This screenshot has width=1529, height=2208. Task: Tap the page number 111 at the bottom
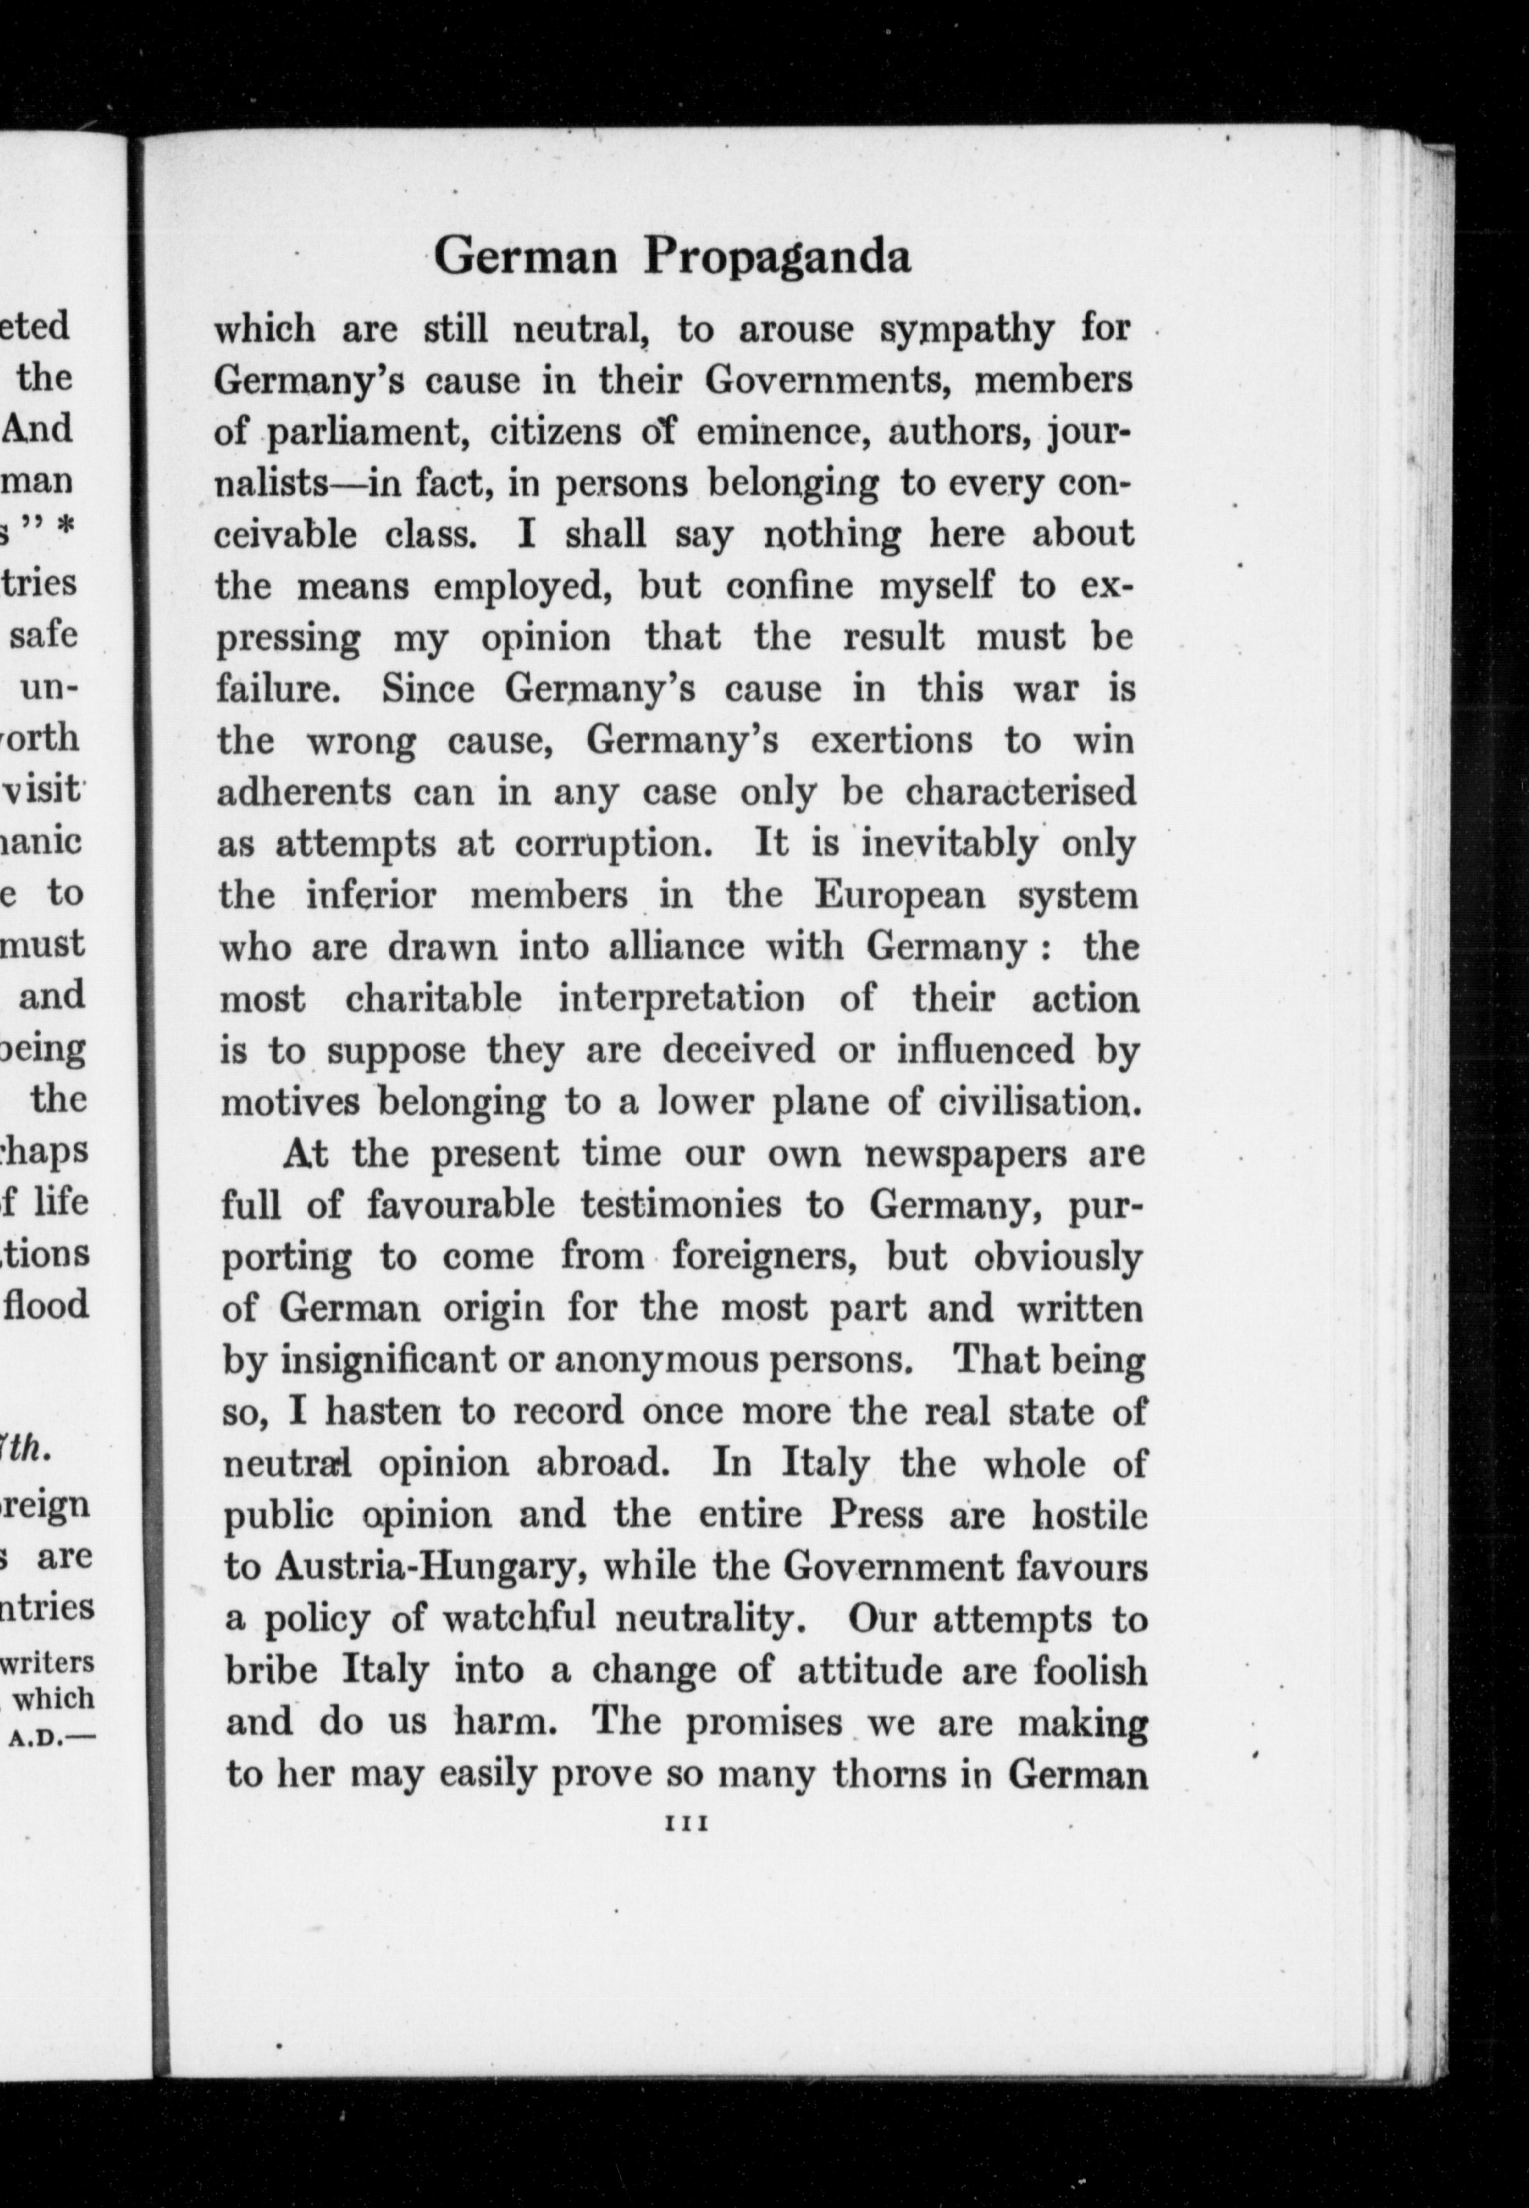point(685,1826)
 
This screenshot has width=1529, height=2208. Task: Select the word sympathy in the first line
point(970,331)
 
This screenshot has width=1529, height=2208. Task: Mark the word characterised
point(1020,792)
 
